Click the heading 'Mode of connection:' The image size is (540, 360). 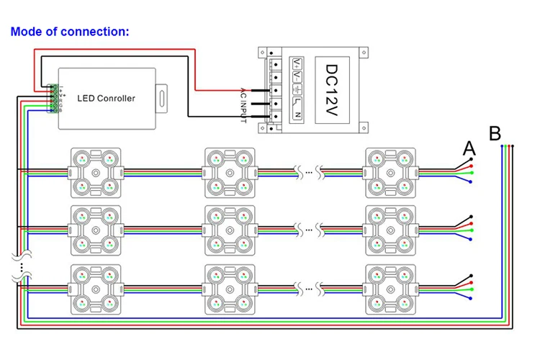[x=70, y=32]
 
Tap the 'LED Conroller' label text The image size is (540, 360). [x=106, y=98]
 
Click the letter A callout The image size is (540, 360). [x=469, y=148]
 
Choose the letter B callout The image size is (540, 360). [x=495, y=133]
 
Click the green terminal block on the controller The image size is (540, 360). [x=53, y=99]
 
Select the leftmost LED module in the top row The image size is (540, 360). [x=94, y=173]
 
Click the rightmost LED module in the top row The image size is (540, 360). [x=390, y=173]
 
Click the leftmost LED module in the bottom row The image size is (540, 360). [x=94, y=289]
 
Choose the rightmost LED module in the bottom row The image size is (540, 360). [x=390, y=289]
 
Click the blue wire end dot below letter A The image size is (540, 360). [x=470, y=181]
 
